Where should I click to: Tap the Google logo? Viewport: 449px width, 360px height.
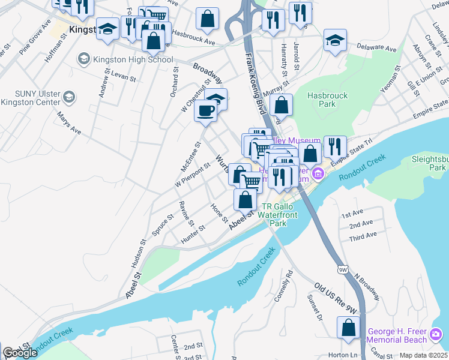click(x=20, y=353)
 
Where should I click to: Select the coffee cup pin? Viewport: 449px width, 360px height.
click(x=205, y=111)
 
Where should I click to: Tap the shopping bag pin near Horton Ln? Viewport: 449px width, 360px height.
click(x=348, y=328)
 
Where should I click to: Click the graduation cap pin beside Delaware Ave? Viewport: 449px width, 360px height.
click(x=335, y=41)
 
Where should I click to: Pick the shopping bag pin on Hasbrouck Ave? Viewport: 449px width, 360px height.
click(x=207, y=19)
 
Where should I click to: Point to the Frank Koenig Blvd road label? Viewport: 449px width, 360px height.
click(x=255, y=80)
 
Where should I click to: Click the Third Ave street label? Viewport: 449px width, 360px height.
click(x=363, y=235)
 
